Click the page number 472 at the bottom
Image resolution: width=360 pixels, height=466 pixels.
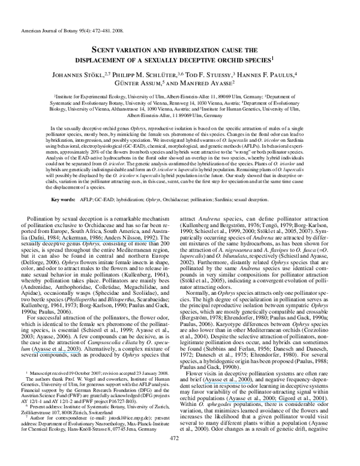[x=179, y=455]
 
